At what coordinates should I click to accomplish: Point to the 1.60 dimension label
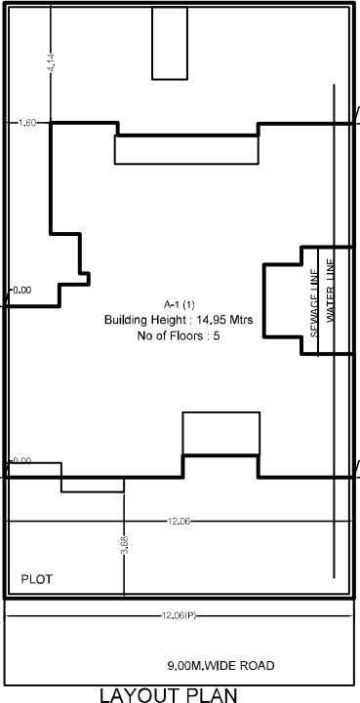point(26,123)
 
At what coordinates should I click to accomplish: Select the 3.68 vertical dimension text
point(124,547)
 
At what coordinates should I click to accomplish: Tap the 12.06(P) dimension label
point(178,615)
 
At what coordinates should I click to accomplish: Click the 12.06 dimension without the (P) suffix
point(178,522)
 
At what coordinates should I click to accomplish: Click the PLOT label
point(37,579)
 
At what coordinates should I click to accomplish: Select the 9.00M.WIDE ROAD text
point(220,666)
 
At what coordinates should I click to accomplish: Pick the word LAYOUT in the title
point(145,693)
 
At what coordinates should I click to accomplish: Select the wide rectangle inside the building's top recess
point(183,149)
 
